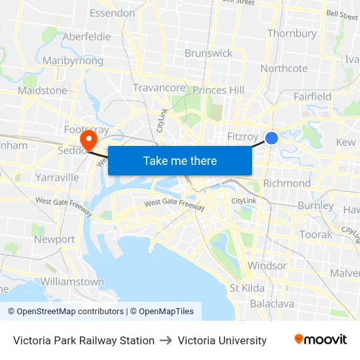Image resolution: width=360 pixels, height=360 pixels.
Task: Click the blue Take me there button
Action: tap(180, 160)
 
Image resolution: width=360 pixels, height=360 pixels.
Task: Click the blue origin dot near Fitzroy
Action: tap(272, 138)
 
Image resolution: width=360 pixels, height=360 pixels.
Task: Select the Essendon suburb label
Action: tap(112, 13)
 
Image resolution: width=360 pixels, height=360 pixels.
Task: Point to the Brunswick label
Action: tap(209, 53)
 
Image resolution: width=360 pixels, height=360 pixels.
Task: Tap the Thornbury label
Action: tap(292, 33)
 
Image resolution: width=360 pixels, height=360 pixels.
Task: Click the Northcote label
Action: tap(284, 68)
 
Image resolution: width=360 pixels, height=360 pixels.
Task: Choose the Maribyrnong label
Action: tap(73, 61)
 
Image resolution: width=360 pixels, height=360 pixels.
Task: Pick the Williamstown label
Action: tap(72, 281)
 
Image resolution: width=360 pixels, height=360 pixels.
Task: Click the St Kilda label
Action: tap(247, 288)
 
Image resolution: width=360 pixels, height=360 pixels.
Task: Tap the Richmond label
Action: tap(287, 183)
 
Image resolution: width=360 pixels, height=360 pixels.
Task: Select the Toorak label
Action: tap(315, 234)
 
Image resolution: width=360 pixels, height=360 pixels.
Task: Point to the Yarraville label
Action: tap(57, 177)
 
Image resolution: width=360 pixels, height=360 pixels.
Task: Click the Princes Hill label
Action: tap(219, 90)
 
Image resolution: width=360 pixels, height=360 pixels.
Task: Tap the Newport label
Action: tap(54, 240)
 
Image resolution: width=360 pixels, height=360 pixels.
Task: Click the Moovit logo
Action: tap(321, 340)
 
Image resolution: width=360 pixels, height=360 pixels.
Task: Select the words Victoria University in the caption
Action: tap(222, 340)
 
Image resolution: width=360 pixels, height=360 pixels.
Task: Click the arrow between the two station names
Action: tap(166, 340)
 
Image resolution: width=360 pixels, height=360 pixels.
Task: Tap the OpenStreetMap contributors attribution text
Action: tap(65, 312)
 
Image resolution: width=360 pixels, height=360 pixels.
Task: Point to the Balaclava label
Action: tap(272, 304)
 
